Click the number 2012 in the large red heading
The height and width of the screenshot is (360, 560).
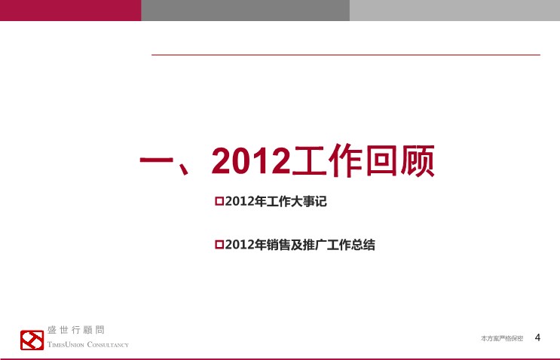(251, 161)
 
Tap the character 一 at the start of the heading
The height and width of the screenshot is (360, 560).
(156, 160)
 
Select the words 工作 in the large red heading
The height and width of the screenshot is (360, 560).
(328, 160)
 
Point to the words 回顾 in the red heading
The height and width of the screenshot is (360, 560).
(400, 160)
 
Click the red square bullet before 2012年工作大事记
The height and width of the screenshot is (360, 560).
(219, 201)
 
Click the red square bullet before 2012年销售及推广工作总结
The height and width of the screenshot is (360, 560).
(219, 245)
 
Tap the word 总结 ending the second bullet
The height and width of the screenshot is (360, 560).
(363, 245)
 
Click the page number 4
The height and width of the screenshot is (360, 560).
(537, 337)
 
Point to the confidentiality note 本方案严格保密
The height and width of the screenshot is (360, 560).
(502, 338)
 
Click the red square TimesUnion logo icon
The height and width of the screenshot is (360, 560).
(32, 340)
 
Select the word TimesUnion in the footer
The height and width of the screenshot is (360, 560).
(66, 345)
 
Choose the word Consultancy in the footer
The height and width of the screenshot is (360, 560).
(108, 345)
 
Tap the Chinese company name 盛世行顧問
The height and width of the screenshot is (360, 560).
(75, 330)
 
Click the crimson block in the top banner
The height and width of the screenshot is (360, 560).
(71, 11)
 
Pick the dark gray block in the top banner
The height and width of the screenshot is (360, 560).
(246, 11)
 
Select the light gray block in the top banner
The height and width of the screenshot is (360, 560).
(454, 11)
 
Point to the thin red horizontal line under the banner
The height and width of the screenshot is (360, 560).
(346, 55)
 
